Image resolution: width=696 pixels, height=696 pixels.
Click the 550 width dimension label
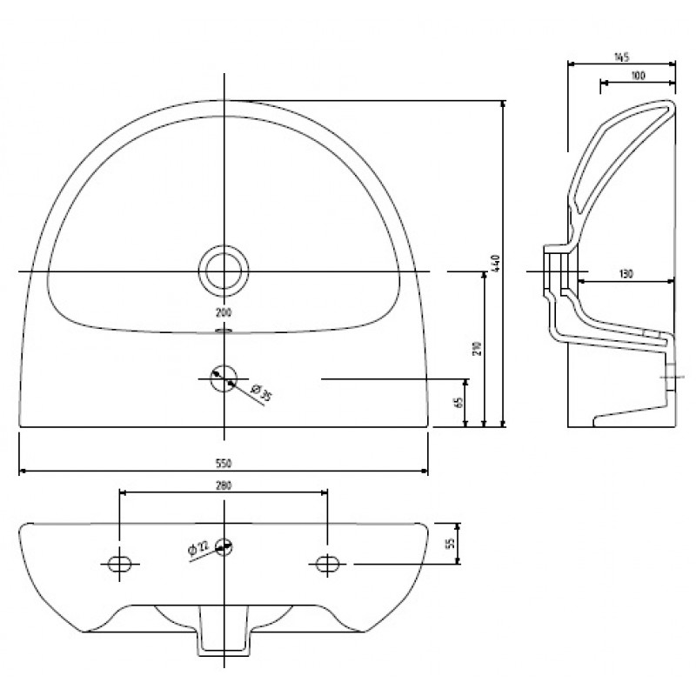click(x=224, y=464)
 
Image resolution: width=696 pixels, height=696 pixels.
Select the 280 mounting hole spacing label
click(x=224, y=486)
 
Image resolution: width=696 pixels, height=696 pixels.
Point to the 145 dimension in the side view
click(x=621, y=57)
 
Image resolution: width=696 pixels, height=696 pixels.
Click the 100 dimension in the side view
click(x=638, y=76)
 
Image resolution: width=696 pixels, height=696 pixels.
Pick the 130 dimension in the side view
click(x=626, y=274)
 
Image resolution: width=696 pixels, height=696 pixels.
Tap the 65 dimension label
click(x=459, y=402)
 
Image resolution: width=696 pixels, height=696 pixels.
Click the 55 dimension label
click(x=452, y=544)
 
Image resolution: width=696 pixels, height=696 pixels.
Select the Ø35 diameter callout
click(x=261, y=393)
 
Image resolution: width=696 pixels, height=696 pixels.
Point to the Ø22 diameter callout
click(x=198, y=549)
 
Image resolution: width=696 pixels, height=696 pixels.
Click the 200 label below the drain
click(x=224, y=313)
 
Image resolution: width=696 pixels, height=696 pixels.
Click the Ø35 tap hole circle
click(x=224, y=365)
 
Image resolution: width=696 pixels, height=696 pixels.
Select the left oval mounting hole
click(x=120, y=564)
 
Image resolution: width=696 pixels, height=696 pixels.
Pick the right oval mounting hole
click(x=327, y=564)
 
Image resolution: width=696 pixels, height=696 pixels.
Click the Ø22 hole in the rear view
click(x=224, y=547)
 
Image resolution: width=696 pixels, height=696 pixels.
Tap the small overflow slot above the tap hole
click(x=224, y=331)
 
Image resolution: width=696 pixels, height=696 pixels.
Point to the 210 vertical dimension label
click(x=478, y=349)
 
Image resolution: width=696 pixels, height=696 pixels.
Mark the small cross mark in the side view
click(x=672, y=377)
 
